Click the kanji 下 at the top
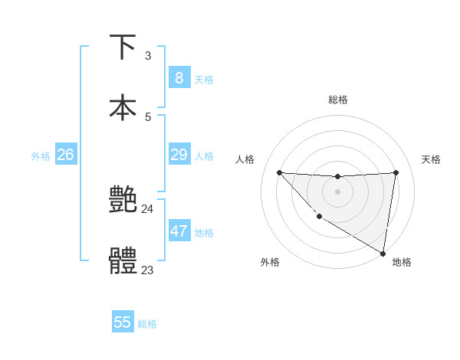pos(123,47)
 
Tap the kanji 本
pos(123,107)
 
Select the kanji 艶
pos(123,200)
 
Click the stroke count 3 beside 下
pos(148,56)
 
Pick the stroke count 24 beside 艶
pos(148,208)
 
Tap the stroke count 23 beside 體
pos(147,270)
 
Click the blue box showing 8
pos(179,78)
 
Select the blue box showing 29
pos(179,155)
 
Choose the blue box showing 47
pos(179,231)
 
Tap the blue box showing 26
pos(65,155)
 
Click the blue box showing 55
pos(123,322)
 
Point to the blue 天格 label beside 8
pos(204,80)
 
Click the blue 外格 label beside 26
pos(41,156)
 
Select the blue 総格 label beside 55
pos(147,324)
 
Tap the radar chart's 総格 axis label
pos(337,100)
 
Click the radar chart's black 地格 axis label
pos(402,262)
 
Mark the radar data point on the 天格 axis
pos(396,172)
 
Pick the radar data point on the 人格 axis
pos(279,172)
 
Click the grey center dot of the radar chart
pos(337,191)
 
